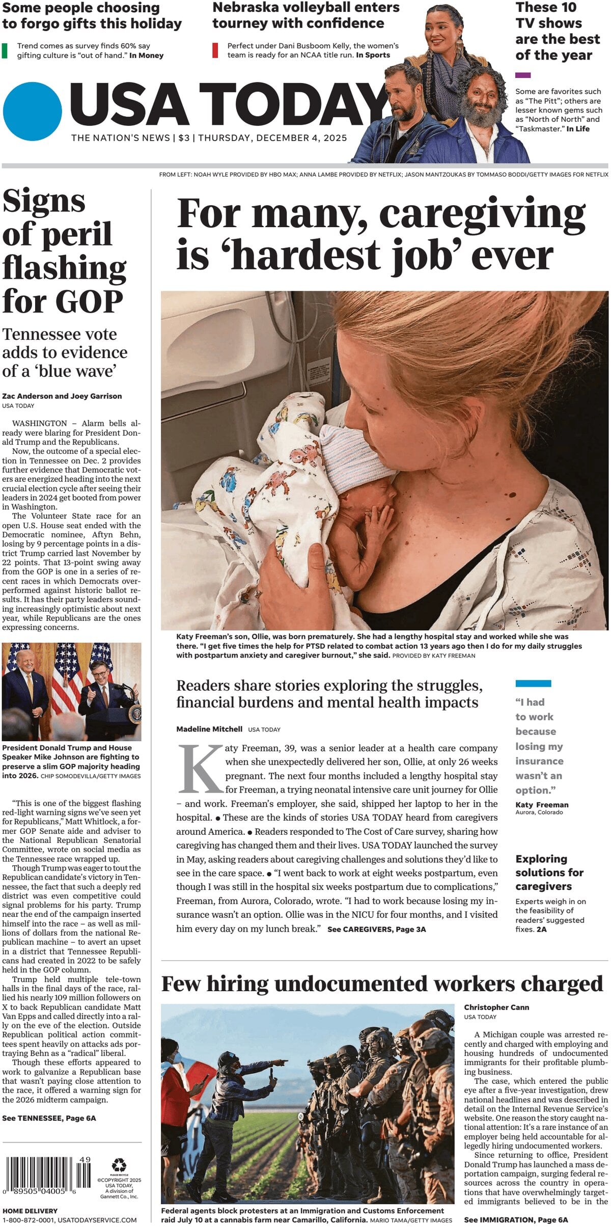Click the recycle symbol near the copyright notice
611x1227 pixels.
[119, 1164]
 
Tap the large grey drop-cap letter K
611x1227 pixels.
[201, 770]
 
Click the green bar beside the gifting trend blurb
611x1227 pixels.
[5, 50]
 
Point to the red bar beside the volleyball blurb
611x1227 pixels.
[215, 50]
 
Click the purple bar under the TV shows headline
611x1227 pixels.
[522, 75]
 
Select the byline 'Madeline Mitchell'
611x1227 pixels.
[209, 729]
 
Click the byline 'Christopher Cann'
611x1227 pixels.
[496, 1007]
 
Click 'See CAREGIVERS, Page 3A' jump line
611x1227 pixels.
[376, 930]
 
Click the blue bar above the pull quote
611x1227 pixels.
[533, 684]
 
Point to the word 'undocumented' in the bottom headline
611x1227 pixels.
[351, 984]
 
